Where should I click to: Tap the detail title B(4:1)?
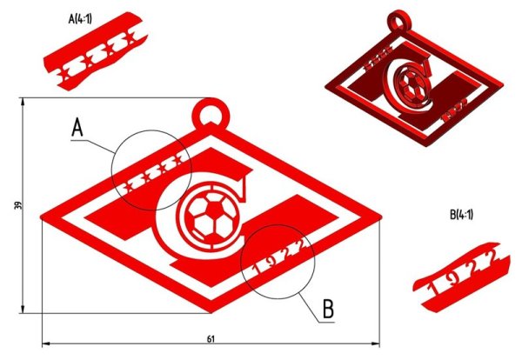[x=461, y=214]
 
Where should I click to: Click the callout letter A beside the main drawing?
[x=77, y=130]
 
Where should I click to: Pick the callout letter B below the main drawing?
[x=328, y=308]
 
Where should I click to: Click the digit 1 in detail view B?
[x=434, y=279]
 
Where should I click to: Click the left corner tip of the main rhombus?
[x=43, y=217]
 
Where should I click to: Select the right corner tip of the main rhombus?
[x=381, y=217]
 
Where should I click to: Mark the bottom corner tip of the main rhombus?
[x=211, y=310]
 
